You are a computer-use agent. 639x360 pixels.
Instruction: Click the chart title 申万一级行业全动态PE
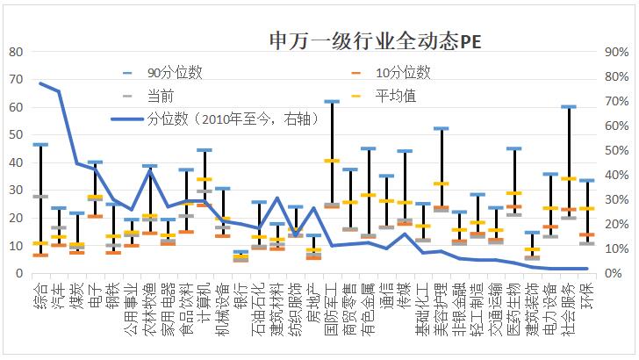point(375,41)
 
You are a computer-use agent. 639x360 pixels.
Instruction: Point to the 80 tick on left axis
point(15,52)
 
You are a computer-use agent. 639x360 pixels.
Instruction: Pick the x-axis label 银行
point(241,296)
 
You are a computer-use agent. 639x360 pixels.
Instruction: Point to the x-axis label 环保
point(587,296)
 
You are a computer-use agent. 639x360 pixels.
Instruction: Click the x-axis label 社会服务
point(569,306)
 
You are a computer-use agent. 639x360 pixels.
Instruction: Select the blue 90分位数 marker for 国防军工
point(332,102)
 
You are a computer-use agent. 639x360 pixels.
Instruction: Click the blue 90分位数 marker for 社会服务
point(569,107)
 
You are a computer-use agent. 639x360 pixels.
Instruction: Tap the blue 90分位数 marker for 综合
point(40,145)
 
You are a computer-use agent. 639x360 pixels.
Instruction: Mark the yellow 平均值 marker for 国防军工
point(332,161)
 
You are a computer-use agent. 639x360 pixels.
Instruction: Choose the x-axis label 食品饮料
point(186,306)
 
